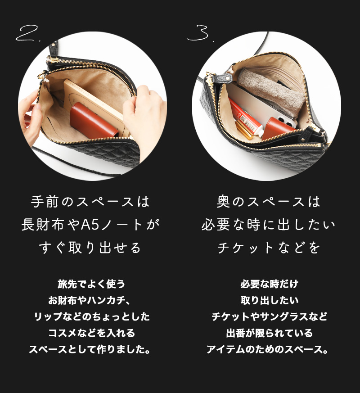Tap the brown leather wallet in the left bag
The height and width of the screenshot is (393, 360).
(x=94, y=120)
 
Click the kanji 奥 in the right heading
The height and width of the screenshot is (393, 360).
(x=224, y=202)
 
